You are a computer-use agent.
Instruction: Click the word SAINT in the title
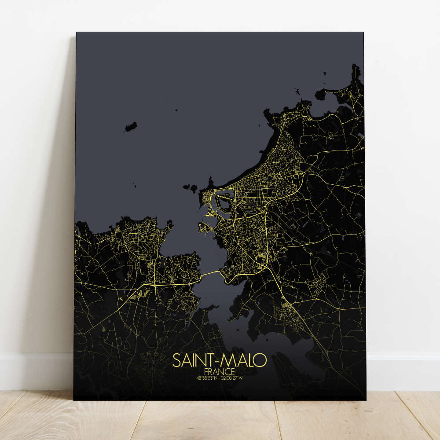pyautogui.click(x=193, y=360)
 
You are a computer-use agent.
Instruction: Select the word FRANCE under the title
pyautogui.click(x=219, y=371)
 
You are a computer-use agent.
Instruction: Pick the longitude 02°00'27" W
pyautogui.click(x=232, y=378)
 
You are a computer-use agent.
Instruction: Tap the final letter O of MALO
pyautogui.click(x=261, y=360)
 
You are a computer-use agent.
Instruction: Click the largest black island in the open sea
pyautogui.click(x=130, y=127)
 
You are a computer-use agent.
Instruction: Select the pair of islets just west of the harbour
pyautogui.click(x=191, y=188)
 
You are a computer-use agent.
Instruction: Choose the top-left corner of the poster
pyautogui.click(x=77, y=33)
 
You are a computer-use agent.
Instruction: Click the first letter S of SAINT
pyautogui.click(x=176, y=360)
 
